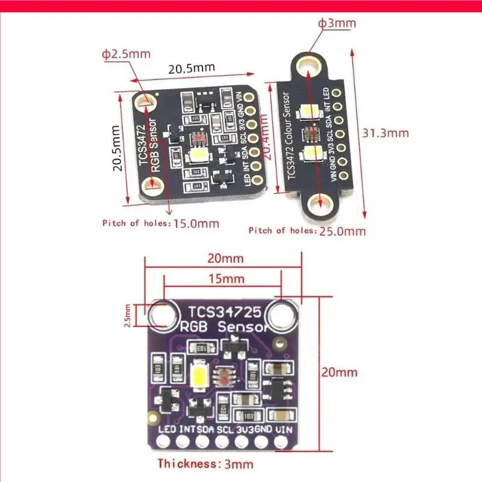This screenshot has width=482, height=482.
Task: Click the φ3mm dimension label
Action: coord(337,23)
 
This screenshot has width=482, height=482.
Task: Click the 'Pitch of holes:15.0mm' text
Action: coord(161,224)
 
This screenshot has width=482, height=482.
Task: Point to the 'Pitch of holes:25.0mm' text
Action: coord(307,230)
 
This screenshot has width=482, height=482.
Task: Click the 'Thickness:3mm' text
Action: coord(205,464)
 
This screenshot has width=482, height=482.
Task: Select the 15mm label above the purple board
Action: coord(222,280)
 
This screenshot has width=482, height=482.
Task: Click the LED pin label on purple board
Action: coord(167,430)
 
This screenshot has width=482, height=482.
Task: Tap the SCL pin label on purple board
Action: coord(224,430)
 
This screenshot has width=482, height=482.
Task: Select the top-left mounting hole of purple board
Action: coord(161,315)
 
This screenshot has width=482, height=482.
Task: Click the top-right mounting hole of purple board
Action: coord(281,315)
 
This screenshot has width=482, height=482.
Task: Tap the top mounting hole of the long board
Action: coord(310,64)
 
